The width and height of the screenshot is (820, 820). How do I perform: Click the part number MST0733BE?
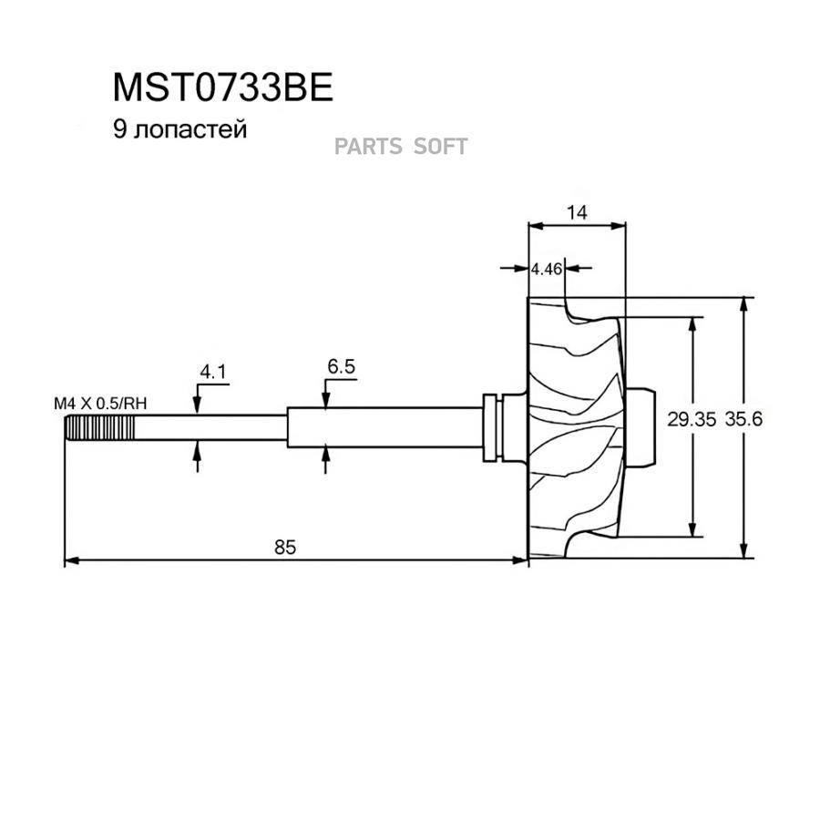tap(223, 88)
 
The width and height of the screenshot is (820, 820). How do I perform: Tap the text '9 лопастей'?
tap(179, 130)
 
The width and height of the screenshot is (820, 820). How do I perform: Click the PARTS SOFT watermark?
tap(401, 146)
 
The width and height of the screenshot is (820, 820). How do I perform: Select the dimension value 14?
tap(576, 211)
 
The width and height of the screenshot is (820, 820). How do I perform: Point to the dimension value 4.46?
tap(547, 269)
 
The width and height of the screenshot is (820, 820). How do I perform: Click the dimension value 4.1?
tap(212, 372)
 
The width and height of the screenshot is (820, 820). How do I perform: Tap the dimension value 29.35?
tap(692, 420)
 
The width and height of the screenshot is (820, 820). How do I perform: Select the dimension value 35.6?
tap(743, 420)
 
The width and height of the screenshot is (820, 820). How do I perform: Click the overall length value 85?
tap(285, 547)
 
